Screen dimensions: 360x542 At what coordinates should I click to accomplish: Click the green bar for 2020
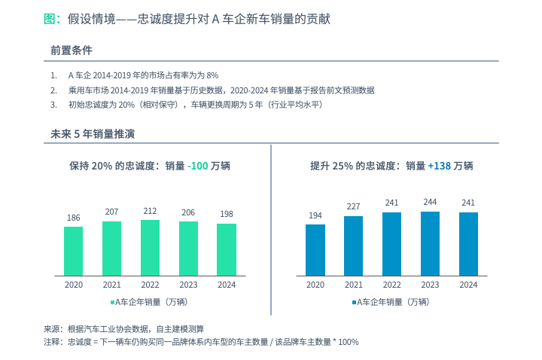point(74,251)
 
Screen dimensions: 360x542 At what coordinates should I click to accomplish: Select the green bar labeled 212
point(150,247)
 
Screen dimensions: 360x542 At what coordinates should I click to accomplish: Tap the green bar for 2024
point(227,249)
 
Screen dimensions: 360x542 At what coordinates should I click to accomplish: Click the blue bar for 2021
point(354,246)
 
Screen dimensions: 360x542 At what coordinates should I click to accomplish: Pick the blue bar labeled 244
point(430,243)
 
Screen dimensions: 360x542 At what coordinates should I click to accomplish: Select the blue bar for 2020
point(315,249)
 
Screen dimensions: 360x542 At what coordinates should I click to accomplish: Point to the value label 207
point(112,212)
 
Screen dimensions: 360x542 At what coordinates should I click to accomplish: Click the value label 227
point(354,206)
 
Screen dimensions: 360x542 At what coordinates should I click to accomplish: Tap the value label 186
point(74,218)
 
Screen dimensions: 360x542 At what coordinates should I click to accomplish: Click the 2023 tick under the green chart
point(188,285)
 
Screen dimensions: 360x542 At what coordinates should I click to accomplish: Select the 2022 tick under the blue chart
point(391,285)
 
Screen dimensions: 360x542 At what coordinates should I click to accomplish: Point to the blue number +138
point(439,166)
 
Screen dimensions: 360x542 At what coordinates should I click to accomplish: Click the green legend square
point(113,303)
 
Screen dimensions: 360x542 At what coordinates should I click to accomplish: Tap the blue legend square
point(354,303)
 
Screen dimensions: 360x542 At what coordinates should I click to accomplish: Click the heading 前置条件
point(72,50)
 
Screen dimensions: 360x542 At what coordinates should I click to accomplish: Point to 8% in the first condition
point(212,75)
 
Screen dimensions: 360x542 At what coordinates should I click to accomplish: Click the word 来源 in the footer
point(52,328)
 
